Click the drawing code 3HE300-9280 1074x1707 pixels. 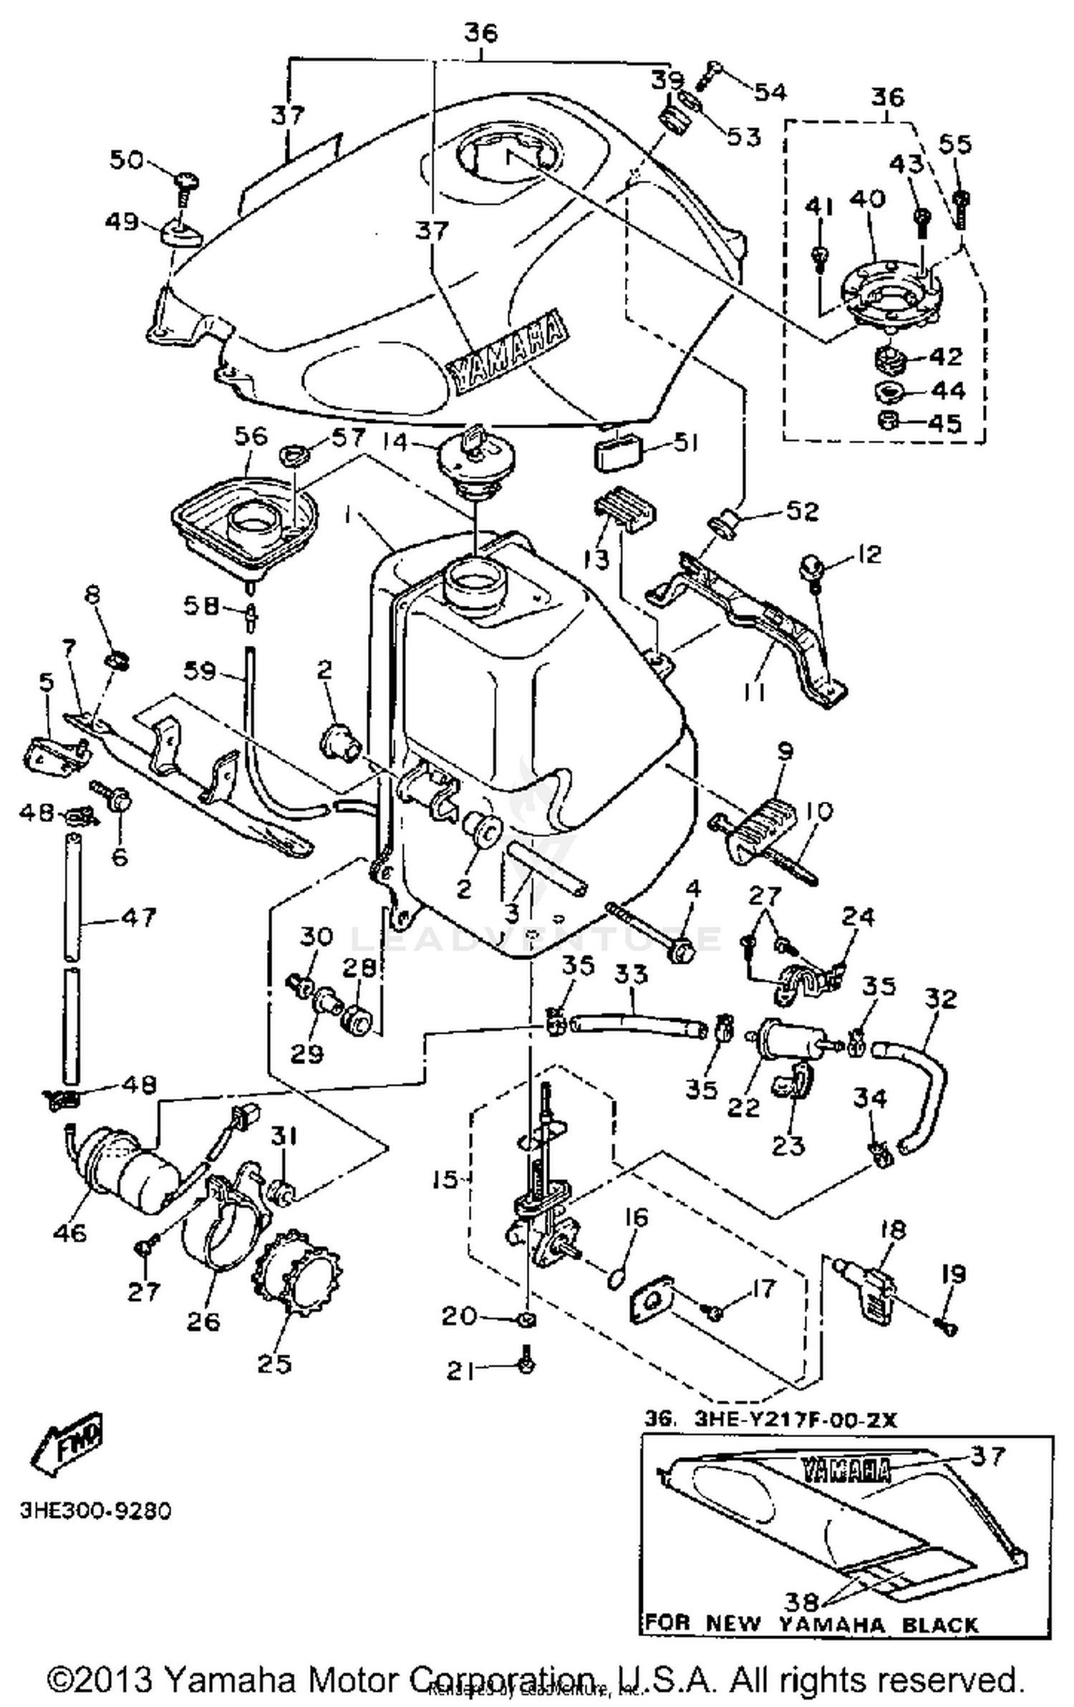point(95,1512)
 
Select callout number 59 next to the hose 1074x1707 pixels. point(199,671)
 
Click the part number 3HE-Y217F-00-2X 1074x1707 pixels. point(795,1420)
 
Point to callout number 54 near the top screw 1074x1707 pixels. point(770,92)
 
